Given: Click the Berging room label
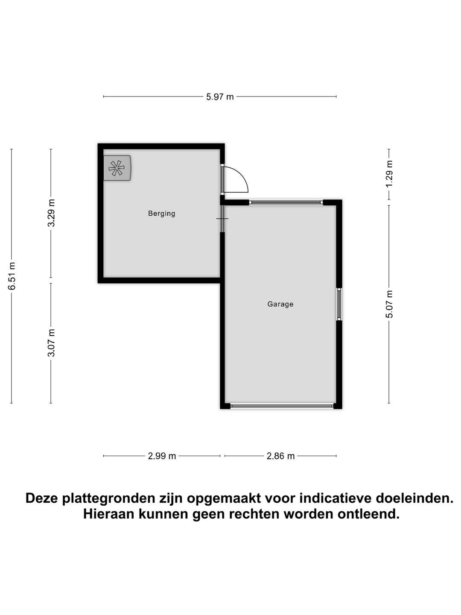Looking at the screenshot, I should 161,214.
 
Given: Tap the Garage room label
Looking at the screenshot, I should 280,304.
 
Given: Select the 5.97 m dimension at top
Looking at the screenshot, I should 220,97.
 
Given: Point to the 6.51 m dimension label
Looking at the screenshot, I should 12,276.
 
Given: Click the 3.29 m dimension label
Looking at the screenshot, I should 51,213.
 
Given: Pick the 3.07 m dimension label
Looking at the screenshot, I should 51,343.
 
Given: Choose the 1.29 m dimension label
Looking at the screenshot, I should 389,173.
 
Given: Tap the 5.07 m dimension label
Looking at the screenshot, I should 389,304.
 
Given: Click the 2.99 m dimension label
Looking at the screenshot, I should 162,456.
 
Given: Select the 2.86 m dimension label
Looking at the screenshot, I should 280,456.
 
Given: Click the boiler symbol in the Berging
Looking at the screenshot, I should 117,168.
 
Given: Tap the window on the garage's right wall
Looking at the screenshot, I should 339,304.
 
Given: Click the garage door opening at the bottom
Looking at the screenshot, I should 282,406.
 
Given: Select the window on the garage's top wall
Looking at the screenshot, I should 286,202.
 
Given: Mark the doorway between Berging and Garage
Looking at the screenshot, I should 222,219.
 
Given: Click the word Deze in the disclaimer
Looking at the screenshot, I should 43,498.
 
